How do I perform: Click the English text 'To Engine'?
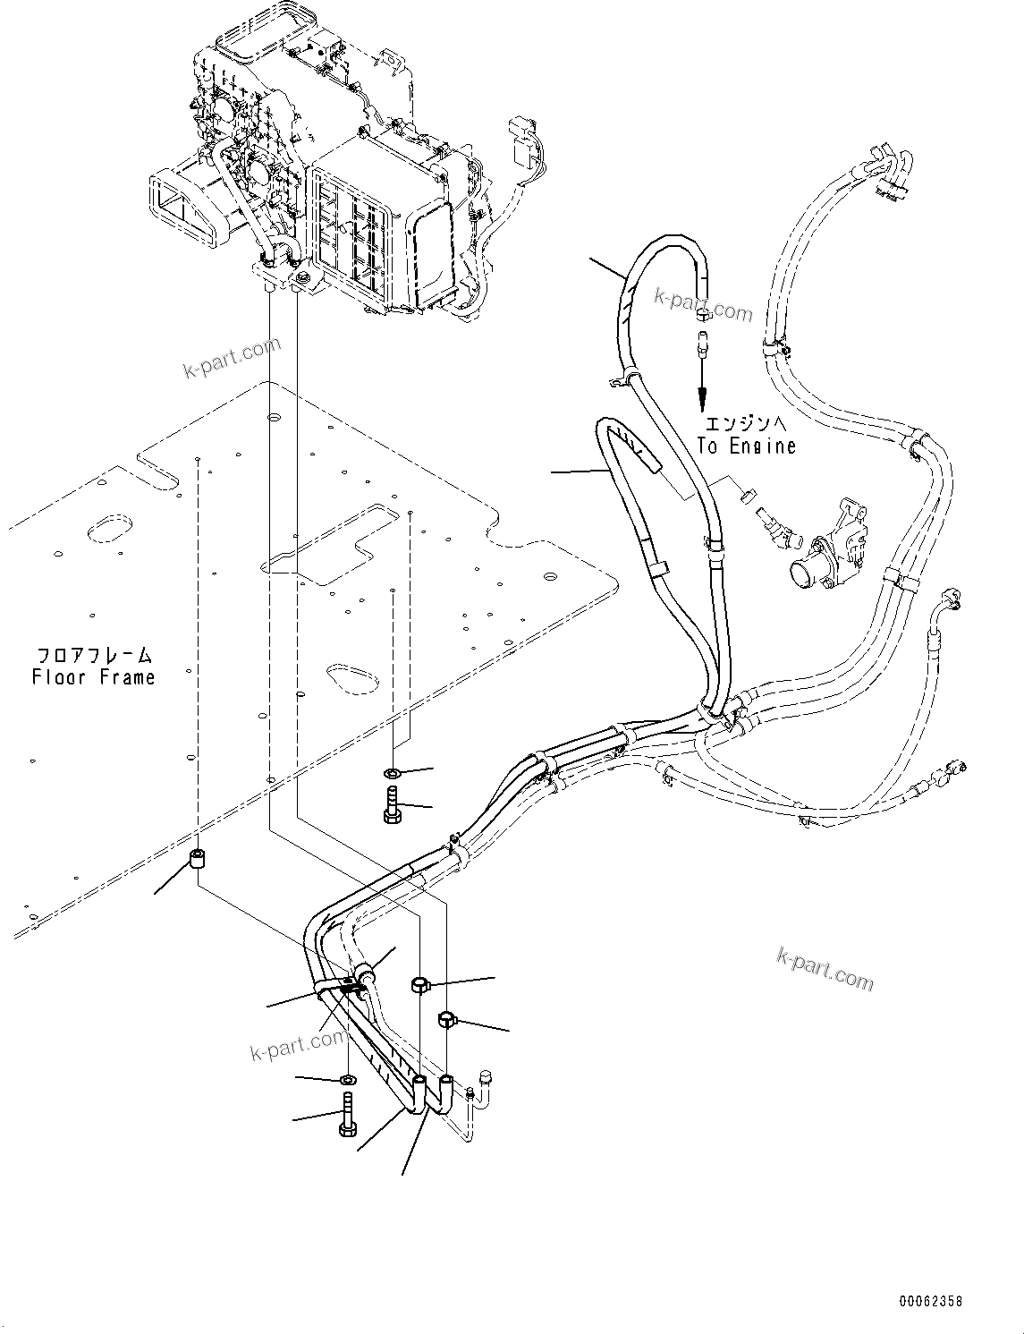[747, 446]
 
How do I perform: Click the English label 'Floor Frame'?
[93, 677]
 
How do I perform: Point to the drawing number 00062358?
[931, 1302]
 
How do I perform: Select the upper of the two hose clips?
[421, 985]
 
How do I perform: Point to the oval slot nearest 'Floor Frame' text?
[111, 528]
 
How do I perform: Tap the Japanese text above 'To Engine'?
[746, 422]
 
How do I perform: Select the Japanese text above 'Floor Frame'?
[93, 654]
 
